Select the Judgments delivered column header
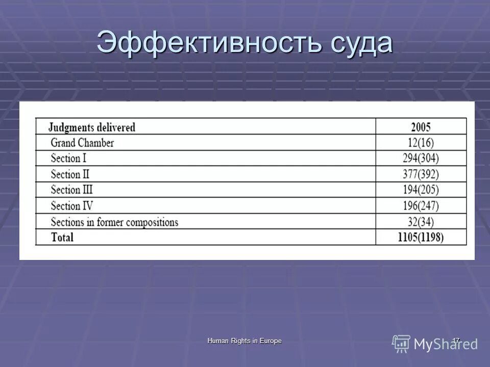point(92,127)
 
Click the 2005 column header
point(421,127)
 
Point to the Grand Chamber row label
point(82,143)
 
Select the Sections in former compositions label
point(114,222)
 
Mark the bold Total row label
point(62,237)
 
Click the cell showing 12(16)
point(421,143)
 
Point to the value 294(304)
point(421,159)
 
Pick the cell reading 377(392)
point(421,174)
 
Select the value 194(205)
point(421,190)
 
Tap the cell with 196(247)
point(421,206)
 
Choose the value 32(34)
point(421,222)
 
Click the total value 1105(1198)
point(421,237)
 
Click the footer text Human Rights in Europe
point(244,340)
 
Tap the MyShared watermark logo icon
point(401,344)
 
